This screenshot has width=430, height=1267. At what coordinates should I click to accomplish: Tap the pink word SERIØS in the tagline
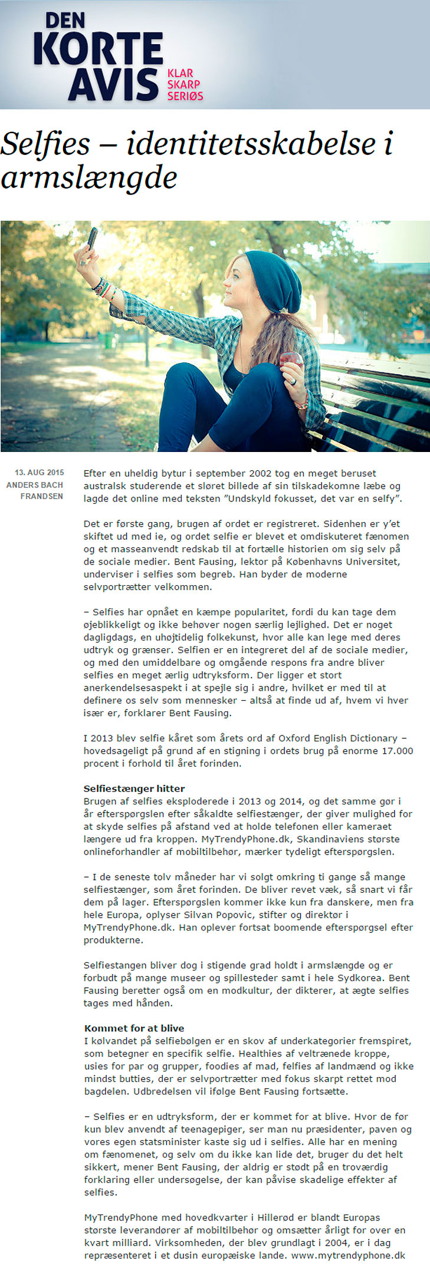[x=185, y=95]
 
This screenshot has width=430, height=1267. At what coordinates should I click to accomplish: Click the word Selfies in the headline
[x=45, y=144]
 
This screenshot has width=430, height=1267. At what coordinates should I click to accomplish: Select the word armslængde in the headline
[x=89, y=177]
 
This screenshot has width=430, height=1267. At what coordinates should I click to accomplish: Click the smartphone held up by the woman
[x=92, y=239]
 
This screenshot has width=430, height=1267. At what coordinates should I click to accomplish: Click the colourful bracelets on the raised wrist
[x=103, y=288]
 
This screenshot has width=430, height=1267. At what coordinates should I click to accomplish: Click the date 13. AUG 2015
[x=40, y=473]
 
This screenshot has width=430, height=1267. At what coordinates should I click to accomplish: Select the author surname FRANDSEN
[x=42, y=496]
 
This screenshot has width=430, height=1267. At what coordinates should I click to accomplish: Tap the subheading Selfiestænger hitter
[x=134, y=788]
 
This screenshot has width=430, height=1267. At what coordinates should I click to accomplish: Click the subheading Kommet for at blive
[x=134, y=1028]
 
